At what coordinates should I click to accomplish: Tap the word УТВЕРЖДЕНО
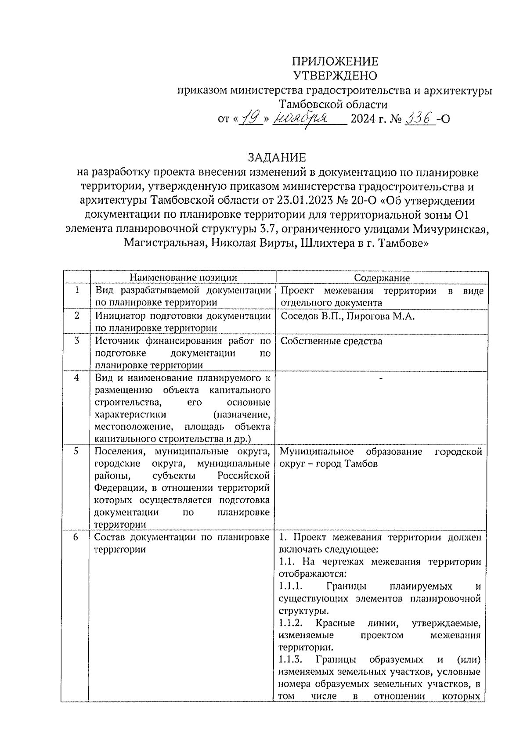tap(335, 76)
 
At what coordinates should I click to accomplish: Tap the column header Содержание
tap(382, 277)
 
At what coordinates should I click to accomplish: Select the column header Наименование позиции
tap(183, 277)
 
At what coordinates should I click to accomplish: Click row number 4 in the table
tap(77, 378)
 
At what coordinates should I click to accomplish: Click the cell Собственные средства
tap(331, 341)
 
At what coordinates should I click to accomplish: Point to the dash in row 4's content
tap(381, 378)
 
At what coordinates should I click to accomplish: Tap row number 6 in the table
tap(76, 537)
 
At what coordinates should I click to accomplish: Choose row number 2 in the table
tap(77, 315)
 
